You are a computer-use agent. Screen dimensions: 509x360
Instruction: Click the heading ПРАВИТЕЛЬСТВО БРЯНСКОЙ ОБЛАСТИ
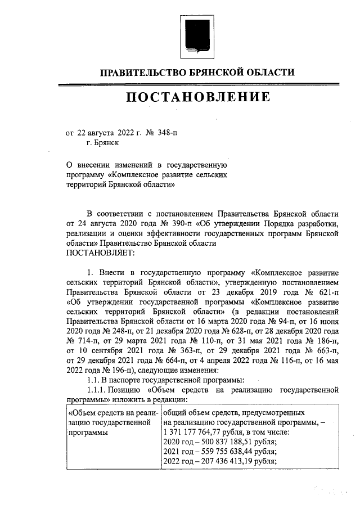(x=197, y=73)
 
